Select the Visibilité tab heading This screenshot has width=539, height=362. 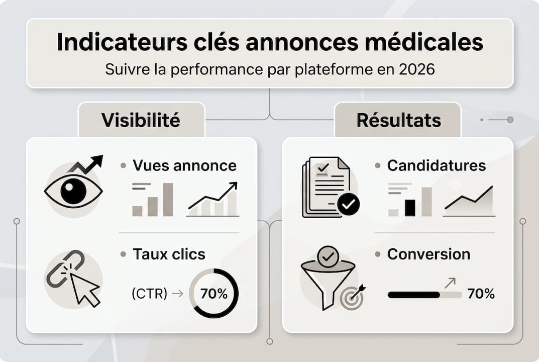[141, 120]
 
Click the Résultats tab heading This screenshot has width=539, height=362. [398, 120]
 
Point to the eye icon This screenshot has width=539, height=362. [73, 192]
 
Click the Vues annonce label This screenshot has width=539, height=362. [184, 165]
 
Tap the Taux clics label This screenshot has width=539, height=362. [169, 254]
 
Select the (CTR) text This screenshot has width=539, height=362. [149, 294]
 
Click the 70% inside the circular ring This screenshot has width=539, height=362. [214, 294]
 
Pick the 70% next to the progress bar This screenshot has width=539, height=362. [481, 294]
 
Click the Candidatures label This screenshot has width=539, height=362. [436, 165]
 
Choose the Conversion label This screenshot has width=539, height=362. [428, 254]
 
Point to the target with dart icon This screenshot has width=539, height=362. [352, 298]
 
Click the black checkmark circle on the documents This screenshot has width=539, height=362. [348, 204]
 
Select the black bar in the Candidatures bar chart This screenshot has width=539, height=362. [410, 208]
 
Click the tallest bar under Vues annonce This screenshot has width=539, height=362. [168, 200]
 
